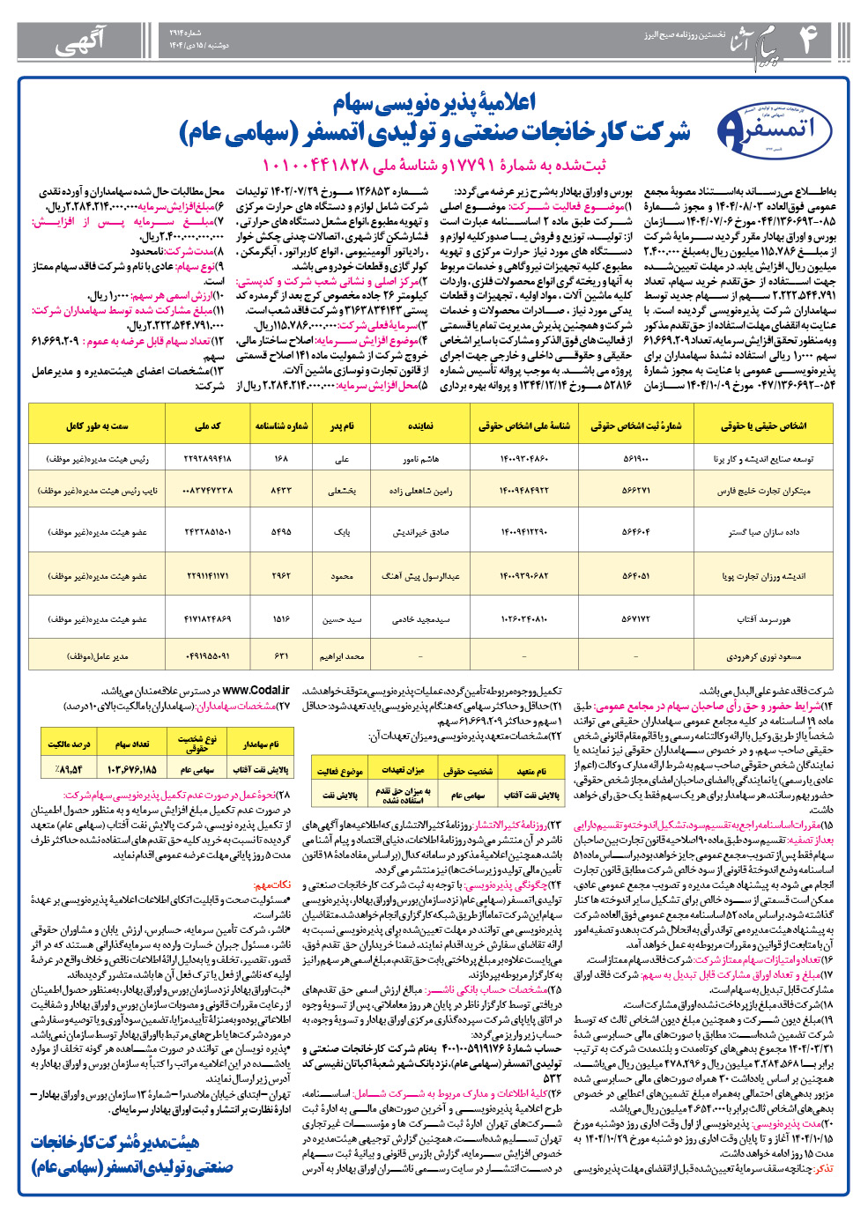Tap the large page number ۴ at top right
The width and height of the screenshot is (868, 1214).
(805, 39)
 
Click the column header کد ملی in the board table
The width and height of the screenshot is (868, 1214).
(207, 426)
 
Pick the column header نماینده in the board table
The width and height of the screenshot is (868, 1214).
(420, 426)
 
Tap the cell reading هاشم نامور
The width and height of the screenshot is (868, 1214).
(420, 459)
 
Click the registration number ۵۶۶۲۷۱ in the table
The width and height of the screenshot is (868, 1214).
(635, 491)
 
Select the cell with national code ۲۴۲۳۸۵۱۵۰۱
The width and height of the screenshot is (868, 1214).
(207, 532)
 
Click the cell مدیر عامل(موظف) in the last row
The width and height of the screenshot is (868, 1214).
(97, 656)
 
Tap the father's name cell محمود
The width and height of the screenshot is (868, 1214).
(342, 576)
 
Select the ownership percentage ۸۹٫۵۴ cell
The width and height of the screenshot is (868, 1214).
(68, 768)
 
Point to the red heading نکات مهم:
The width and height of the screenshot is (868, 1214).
(272, 884)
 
